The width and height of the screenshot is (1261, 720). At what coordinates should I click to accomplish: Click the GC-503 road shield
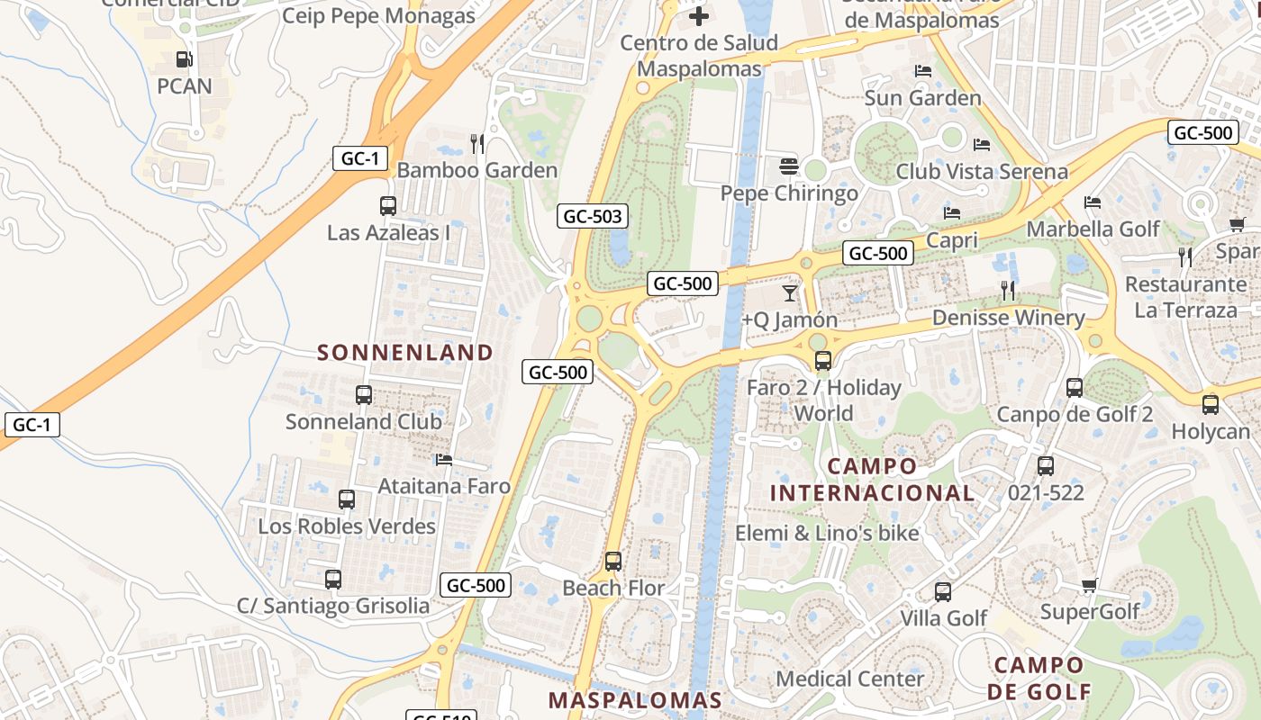coord(592,216)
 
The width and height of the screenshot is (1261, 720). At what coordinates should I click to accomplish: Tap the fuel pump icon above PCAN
coord(184,59)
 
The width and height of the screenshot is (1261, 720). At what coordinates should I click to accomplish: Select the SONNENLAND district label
coord(405,353)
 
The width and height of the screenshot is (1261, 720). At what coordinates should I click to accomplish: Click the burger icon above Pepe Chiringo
coord(789,166)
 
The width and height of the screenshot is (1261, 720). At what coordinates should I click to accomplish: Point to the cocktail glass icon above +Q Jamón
coord(790,292)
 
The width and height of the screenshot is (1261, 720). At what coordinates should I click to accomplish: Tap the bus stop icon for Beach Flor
coord(613,562)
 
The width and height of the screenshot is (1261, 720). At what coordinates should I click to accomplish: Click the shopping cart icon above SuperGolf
coord(1089,586)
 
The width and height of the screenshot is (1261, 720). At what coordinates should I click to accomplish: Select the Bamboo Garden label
coord(477,170)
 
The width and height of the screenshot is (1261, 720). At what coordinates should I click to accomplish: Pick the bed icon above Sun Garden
coord(922,71)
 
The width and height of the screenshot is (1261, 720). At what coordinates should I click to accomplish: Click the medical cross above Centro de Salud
coord(699,16)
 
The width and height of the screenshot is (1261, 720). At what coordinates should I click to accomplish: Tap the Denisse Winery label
coord(1008,318)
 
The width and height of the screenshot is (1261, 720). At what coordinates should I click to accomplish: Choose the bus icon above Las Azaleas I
coord(388,206)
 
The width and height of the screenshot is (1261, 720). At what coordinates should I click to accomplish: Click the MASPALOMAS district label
coord(635,700)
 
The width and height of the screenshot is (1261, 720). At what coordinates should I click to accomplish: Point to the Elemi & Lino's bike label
coord(827,533)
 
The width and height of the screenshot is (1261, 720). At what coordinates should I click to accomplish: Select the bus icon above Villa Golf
coord(943,592)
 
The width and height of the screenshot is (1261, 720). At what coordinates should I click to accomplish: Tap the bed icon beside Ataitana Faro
coord(444,460)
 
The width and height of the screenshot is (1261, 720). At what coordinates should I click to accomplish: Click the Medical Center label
coord(849,679)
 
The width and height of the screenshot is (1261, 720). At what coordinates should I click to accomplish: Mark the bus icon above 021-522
coord(1046,466)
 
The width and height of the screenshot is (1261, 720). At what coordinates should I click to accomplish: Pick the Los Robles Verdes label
coord(347,526)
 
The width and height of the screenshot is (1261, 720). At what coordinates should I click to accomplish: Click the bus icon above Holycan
coord(1211,405)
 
